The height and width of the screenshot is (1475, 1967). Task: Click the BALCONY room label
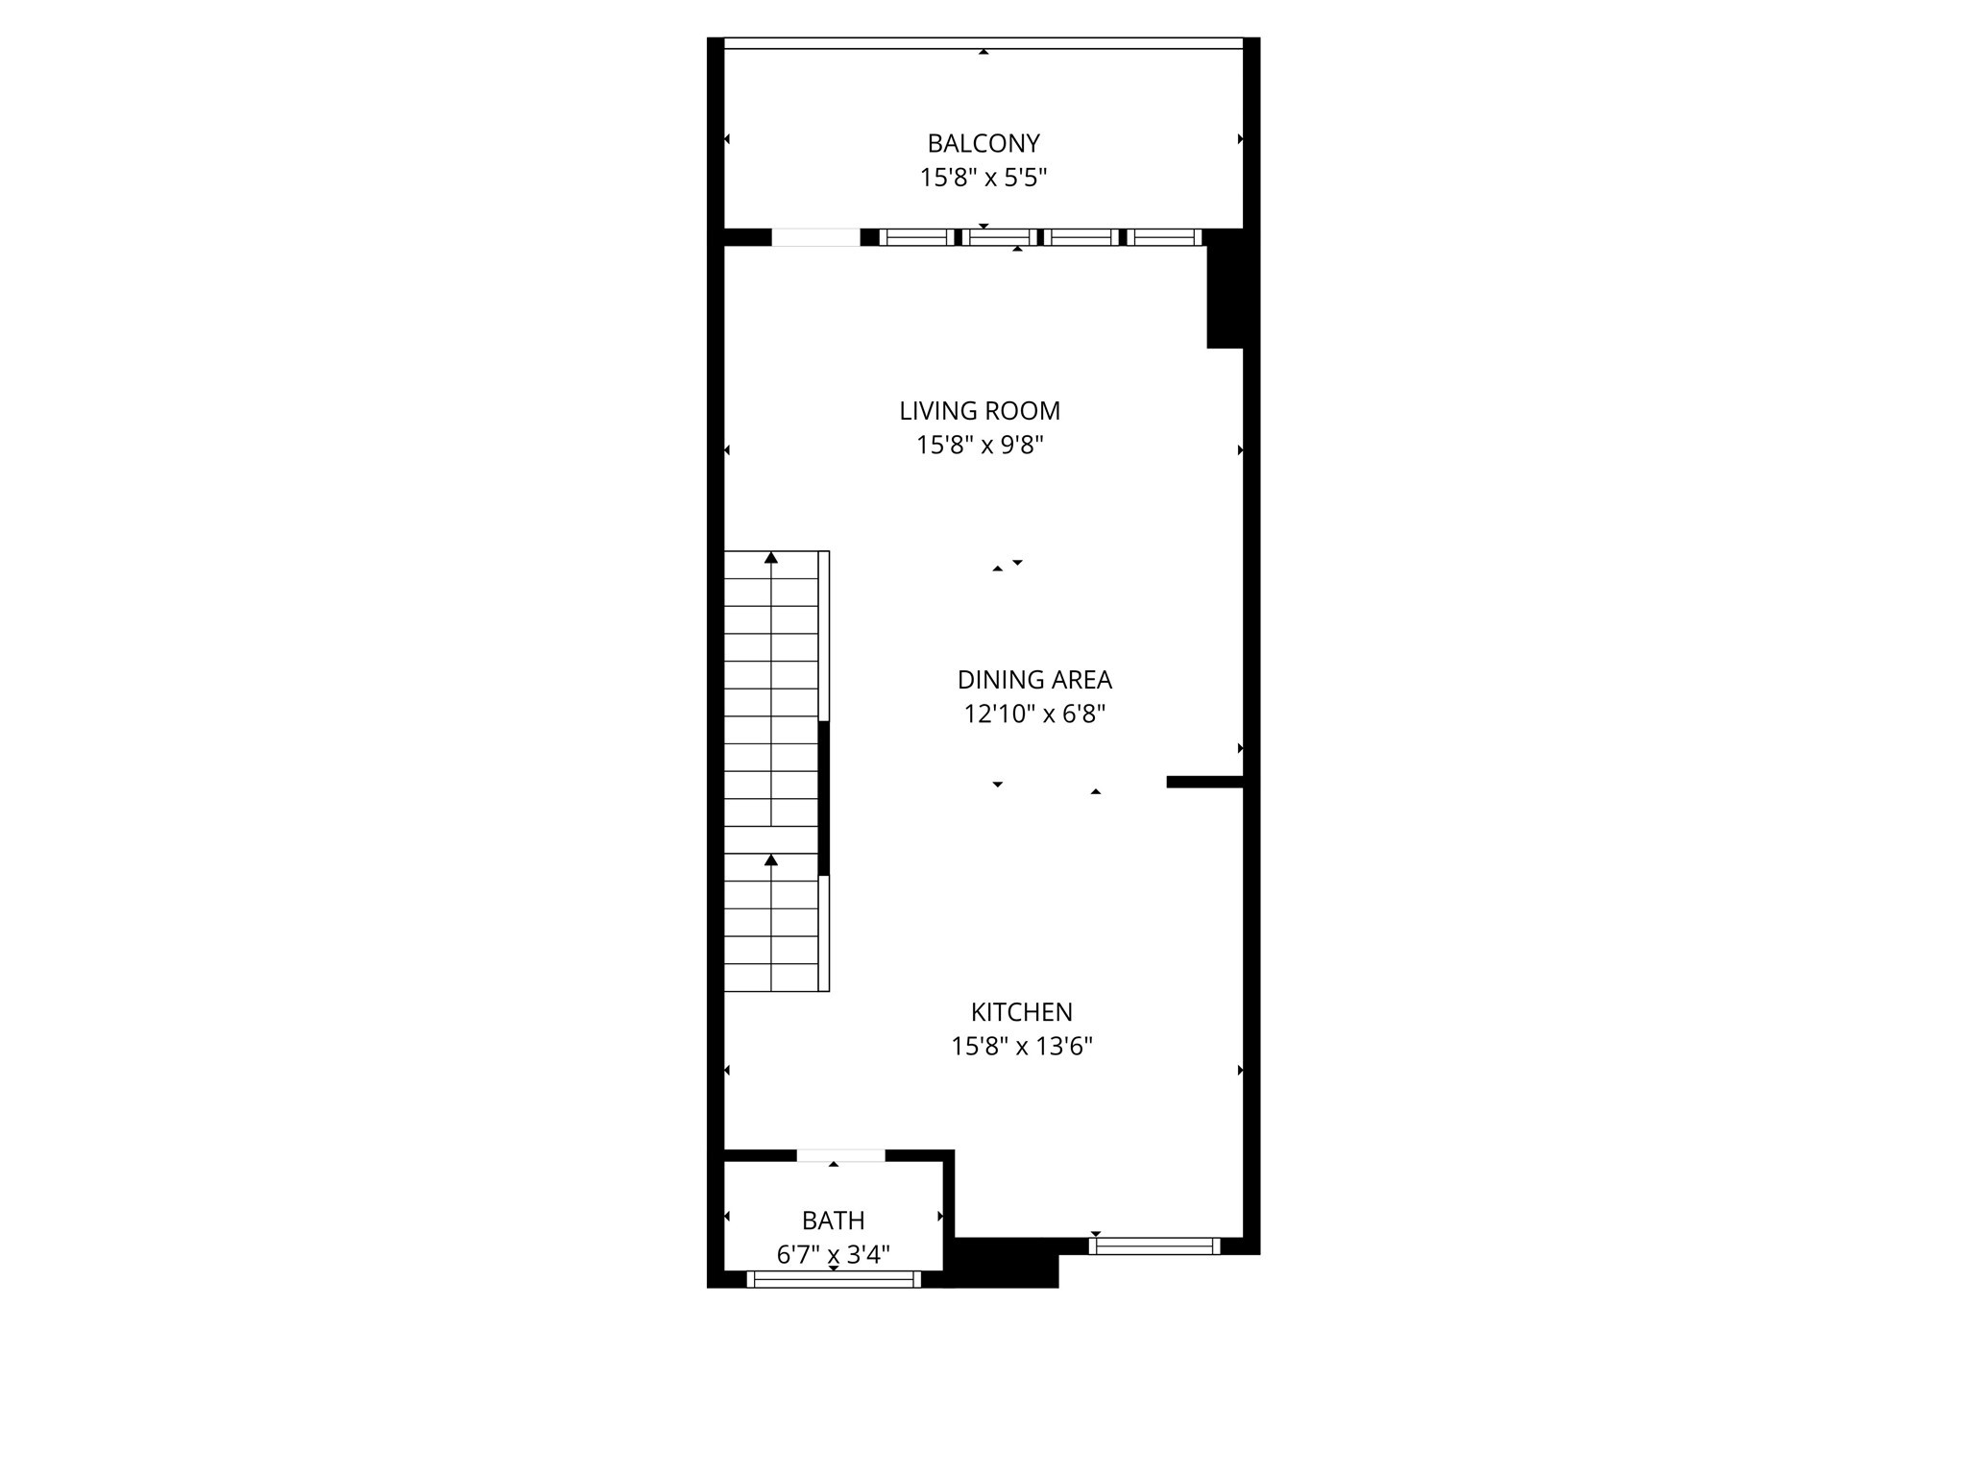click(x=983, y=143)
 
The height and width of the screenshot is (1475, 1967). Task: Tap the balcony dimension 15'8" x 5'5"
click(x=983, y=178)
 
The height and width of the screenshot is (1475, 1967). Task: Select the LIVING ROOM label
click(x=980, y=411)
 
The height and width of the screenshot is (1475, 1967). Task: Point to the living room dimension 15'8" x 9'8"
click(x=980, y=446)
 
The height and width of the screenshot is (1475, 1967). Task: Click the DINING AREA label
click(x=1034, y=680)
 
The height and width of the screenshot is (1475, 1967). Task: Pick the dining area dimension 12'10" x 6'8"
click(x=1034, y=714)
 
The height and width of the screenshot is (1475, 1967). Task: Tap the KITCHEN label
click(x=1021, y=1012)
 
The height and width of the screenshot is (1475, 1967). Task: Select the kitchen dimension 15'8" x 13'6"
click(x=1021, y=1047)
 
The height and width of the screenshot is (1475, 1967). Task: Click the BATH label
click(x=833, y=1221)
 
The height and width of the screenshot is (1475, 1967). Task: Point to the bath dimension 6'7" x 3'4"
click(x=833, y=1254)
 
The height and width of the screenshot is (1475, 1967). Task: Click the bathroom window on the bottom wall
click(x=834, y=1278)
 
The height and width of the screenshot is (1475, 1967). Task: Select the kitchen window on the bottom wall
click(x=1154, y=1246)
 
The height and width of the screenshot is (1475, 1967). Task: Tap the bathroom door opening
click(x=840, y=1155)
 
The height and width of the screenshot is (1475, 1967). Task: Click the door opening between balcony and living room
click(x=815, y=237)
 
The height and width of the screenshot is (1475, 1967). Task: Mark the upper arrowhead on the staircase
click(x=771, y=558)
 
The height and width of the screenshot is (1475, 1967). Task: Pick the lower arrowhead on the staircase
click(x=771, y=860)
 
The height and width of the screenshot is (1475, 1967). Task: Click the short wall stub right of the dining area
click(x=1204, y=782)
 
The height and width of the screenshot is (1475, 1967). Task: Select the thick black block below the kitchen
click(x=1005, y=1264)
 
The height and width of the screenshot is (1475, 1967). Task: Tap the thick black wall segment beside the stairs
click(x=823, y=798)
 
